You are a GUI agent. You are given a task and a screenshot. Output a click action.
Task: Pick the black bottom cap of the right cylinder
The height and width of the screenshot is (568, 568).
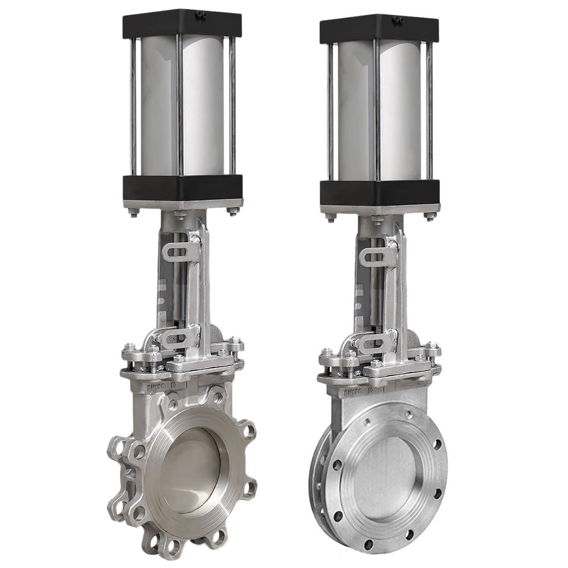pyautogui.click(x=379, y=192)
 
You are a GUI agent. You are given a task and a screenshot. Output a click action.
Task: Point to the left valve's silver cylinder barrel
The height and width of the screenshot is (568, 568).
pyautogui.click(x=187, y=105)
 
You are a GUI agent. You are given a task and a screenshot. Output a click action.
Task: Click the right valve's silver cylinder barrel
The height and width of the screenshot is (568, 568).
pyautogui.click(x=386, y=111)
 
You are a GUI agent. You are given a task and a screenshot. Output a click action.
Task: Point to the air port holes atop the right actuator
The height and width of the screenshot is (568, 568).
pyautogui.click(x=398, y=21)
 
